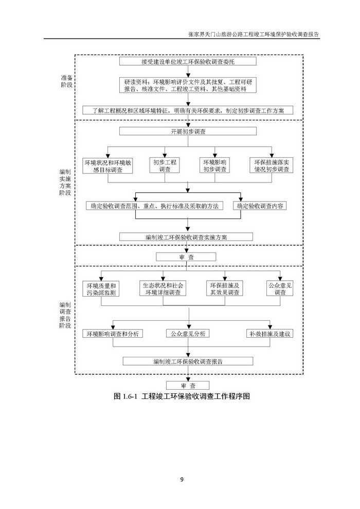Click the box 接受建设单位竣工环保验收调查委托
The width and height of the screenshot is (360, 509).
click(x=188, y=62)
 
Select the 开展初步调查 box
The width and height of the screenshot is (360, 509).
click(x=188, y=132)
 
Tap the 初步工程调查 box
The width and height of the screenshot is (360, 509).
click(x=165, y=166)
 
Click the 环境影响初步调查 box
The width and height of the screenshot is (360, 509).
click(x=214, y=166)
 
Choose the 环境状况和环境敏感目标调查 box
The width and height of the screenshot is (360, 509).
click(x=109, y=166)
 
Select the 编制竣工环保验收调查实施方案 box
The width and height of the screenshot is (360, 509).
click(x=187, y=237)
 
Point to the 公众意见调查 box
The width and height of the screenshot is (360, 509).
click(x=280, y=289)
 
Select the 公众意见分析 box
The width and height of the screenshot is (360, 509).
click(x=188, y=334)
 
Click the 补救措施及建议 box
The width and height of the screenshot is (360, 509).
click(x=271, y=334)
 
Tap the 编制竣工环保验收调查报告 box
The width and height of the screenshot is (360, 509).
click(x=188, y=361)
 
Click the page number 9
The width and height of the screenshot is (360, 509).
click(x=181, y=480)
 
